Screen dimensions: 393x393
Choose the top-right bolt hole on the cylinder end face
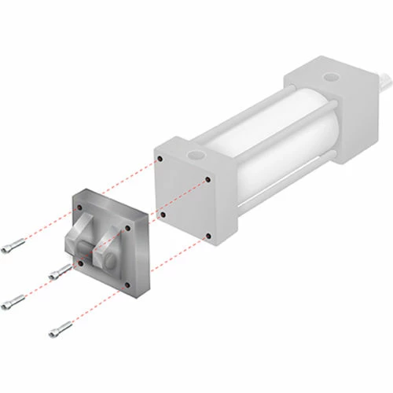click(207, 180)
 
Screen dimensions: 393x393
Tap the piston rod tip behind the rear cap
click(385, 79)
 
